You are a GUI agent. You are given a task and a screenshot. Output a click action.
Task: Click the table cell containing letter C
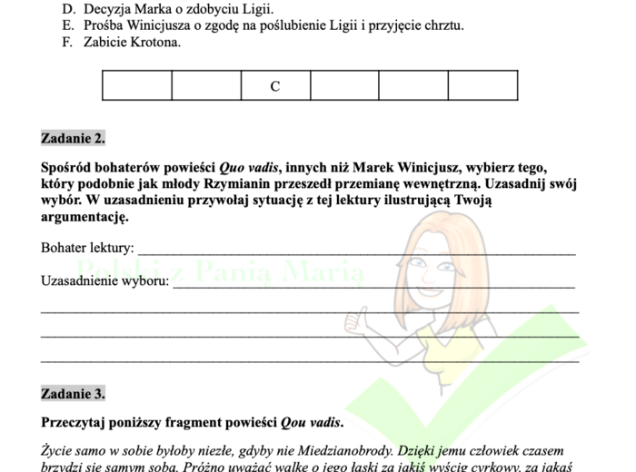coord(275,86)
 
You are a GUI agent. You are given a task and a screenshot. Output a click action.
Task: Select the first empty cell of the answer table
coord(137,86)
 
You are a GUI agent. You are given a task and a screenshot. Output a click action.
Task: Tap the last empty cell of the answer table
coord(482,86)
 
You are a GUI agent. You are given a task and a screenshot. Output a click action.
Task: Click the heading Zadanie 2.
coord(73,139)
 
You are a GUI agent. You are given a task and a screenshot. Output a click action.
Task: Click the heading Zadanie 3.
coord(73,394)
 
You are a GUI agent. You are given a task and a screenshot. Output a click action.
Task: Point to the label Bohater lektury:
coord(87,247)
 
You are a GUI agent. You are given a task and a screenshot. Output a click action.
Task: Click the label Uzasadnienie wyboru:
coord(104,280)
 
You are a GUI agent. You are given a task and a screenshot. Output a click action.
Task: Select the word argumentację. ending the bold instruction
coord(79,218)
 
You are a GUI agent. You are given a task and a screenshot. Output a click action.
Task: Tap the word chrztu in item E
coord(443,25)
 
